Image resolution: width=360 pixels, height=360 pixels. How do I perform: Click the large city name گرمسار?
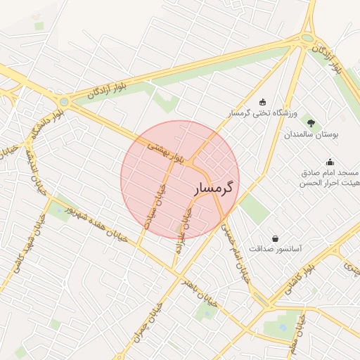click(x=212, y=188)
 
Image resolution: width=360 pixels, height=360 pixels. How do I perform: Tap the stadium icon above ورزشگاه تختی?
click(x=263, y=101)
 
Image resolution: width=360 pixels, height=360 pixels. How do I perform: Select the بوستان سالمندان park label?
click(x=312, y=133)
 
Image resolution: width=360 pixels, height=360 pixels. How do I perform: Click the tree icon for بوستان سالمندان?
click(x=311, y=121)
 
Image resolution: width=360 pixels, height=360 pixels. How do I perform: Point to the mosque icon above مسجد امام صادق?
click(x=330, y=162)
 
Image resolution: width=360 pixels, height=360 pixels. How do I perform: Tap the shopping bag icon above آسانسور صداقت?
click(x=274, y=237)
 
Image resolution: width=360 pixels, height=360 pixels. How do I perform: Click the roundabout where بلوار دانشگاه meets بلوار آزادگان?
click(x=65, y=102)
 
